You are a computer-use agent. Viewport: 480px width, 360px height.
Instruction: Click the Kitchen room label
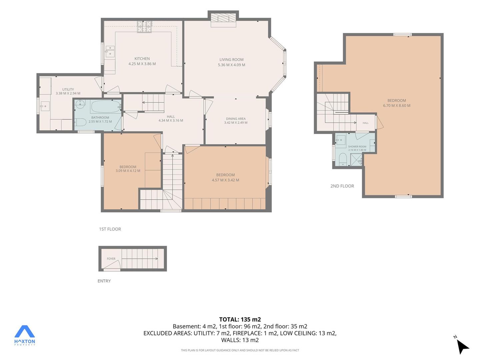[x=142, y=59]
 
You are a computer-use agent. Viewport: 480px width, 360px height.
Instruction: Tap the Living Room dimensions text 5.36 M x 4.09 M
[x=231, y=65]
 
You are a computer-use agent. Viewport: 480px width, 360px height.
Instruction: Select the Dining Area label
[x=236, y=119]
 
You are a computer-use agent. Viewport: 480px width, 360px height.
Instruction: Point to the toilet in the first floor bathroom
[x=80, y=122]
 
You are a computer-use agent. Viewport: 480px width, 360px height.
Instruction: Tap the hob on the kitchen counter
[x=144, y=27]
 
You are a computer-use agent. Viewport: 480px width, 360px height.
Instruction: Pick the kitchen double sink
[x=110, y=51]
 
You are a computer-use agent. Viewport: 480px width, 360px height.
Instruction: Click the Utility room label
[x=68, y=89]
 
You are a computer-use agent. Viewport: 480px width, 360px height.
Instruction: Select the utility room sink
[x=45, y=106]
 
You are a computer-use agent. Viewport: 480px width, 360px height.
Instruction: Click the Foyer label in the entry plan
[x=111, y=259]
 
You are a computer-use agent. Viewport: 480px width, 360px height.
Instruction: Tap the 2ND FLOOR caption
[x=342, y=186]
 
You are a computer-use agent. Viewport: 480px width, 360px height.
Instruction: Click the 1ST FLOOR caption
[x=110, y=229]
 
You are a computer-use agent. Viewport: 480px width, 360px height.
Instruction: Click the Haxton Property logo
[x=24, y=335]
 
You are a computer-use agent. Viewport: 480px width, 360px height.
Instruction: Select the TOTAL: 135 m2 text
[x=240, y=320]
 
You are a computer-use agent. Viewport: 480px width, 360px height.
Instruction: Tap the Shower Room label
[x=357, y=146]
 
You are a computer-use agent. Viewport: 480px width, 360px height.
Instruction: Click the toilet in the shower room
[x=343, y=159]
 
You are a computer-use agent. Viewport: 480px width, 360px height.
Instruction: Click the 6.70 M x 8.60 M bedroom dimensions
[x=396, y=106]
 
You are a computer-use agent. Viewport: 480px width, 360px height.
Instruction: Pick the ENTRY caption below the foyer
[x=104, y=281]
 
